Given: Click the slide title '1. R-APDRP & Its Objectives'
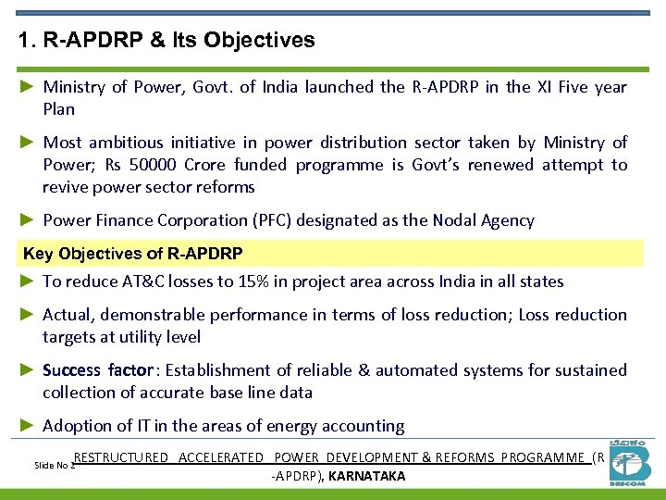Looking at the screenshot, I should (166, 41).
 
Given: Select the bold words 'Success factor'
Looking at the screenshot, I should (98, 370).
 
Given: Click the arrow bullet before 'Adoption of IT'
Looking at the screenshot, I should (28, 426).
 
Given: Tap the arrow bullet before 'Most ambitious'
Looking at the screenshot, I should (28, 143).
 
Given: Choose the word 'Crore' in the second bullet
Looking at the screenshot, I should (203, 165).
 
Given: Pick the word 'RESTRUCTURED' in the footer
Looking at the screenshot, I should (121, 457).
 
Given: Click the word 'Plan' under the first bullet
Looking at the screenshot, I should (58, 109).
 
